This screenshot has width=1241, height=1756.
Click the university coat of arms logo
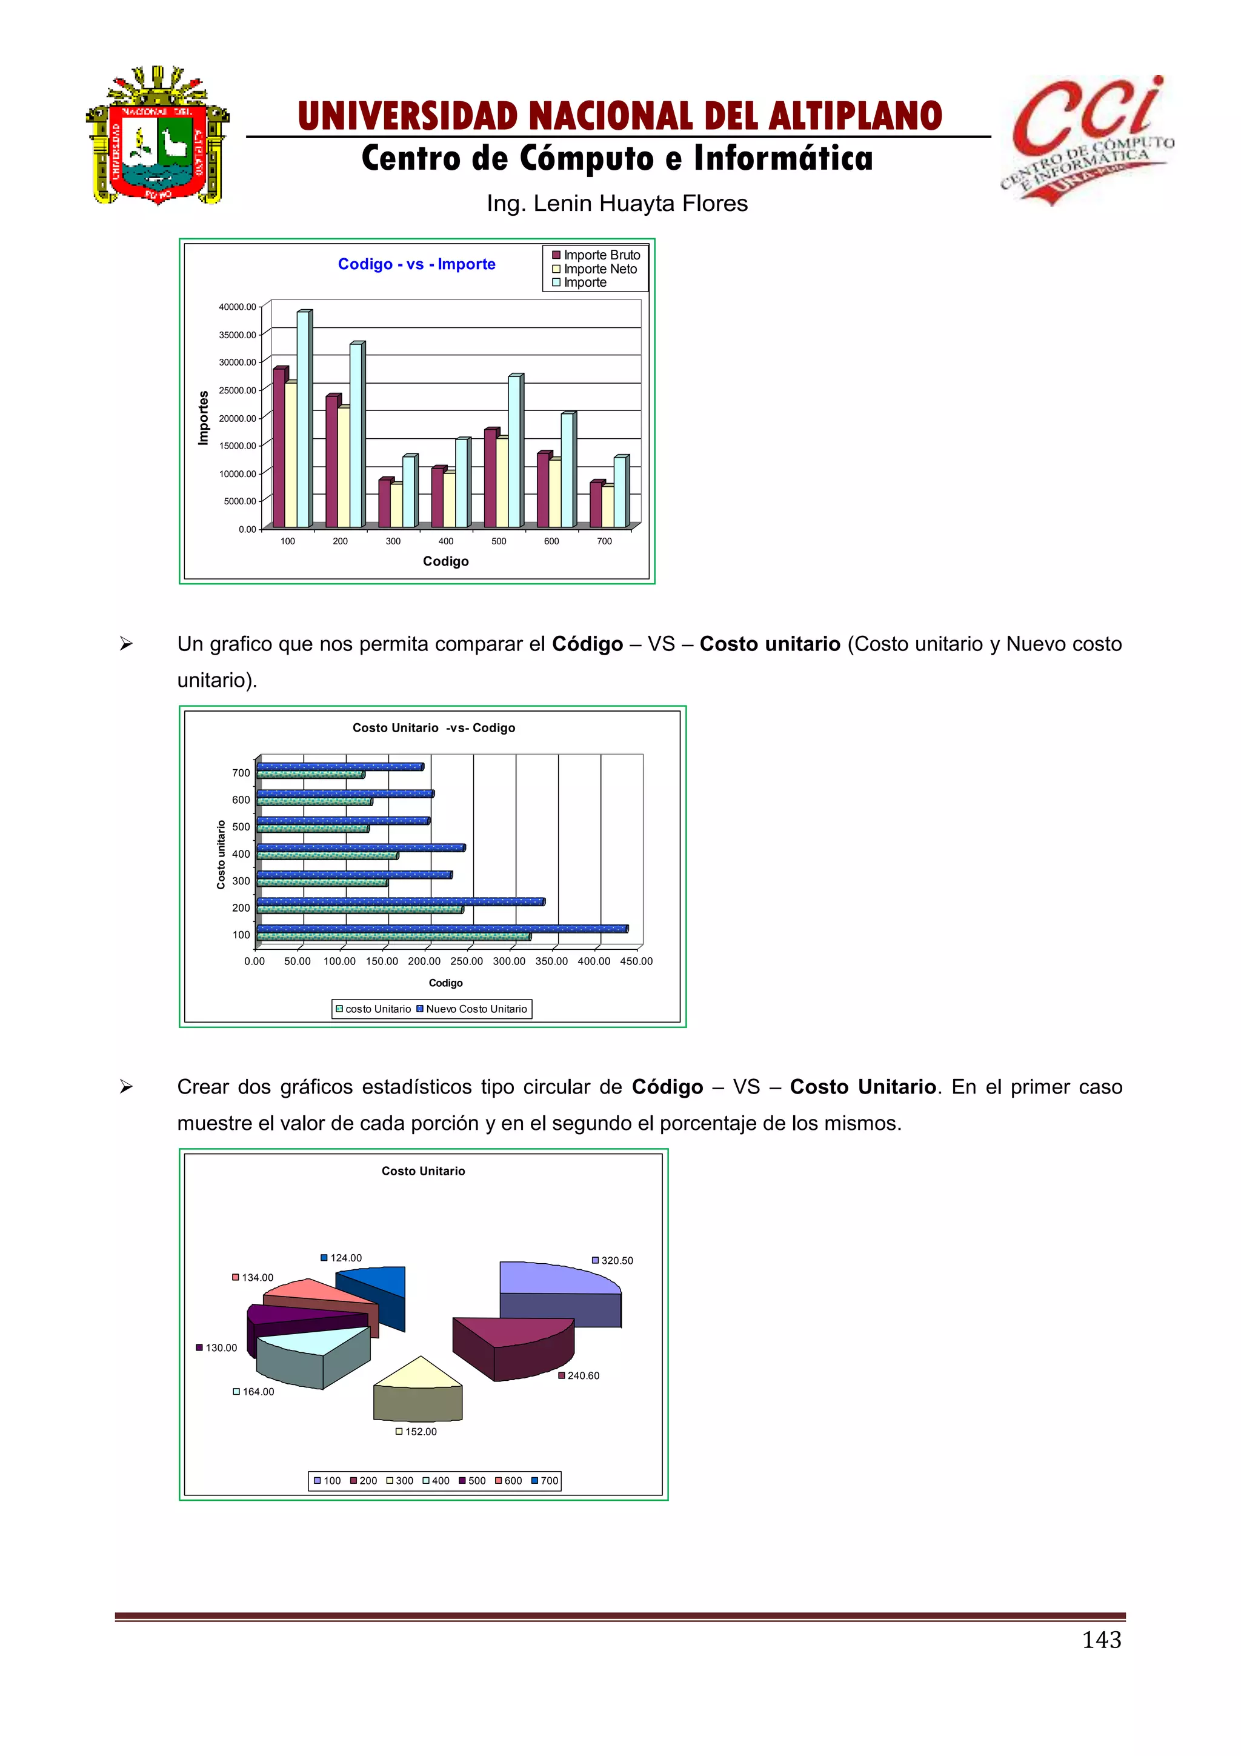tap(158, 135)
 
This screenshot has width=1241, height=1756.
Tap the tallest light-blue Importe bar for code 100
tap(303, 419)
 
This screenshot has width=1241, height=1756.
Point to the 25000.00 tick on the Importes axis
tap(238, 390)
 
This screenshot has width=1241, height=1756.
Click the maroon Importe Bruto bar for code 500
tap(490, 479)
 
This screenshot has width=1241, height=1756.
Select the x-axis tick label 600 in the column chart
tap(551, 541)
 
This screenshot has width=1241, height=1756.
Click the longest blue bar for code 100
tap(442, 929)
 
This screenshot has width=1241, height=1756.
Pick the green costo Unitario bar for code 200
tap(360, 910)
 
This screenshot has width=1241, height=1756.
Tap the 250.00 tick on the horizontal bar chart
tap(467, 961)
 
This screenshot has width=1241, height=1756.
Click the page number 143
tap(1101, 1640)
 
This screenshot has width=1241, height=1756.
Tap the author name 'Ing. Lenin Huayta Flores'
tap(617, 204)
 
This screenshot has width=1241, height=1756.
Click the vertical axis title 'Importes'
tap(204, 418)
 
